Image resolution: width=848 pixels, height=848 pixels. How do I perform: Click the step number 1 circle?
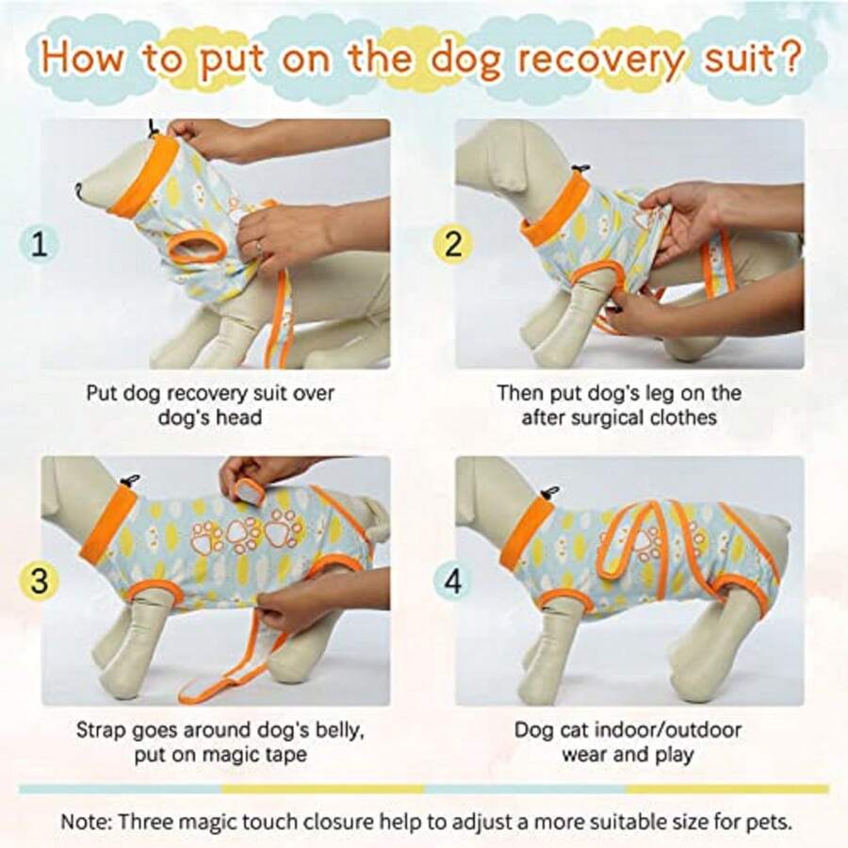tap(39, 244)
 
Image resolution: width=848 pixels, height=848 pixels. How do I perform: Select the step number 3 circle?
tap(39, 581)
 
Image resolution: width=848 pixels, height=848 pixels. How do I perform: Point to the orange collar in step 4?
tap(527, 533)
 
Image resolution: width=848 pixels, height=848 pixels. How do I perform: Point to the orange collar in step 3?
tap(106, 524)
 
